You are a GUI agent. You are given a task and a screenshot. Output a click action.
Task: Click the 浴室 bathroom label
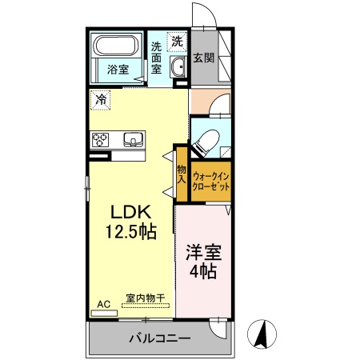click(118, 70)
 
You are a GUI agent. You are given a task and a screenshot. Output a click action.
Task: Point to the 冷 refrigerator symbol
click(102, 101)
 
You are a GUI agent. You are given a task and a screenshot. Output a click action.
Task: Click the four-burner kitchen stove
click(102, 139)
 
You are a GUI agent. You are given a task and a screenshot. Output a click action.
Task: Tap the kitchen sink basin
click(133, 141)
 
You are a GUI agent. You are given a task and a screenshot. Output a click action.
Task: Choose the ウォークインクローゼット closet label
click(211, 179)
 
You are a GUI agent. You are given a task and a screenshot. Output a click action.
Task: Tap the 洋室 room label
click(205, 251)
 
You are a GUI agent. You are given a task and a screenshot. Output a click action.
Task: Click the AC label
click(103, 304)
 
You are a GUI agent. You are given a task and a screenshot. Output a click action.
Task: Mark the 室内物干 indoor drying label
click(144, 298)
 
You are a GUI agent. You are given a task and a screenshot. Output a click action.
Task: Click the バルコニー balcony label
click(160, 338)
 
